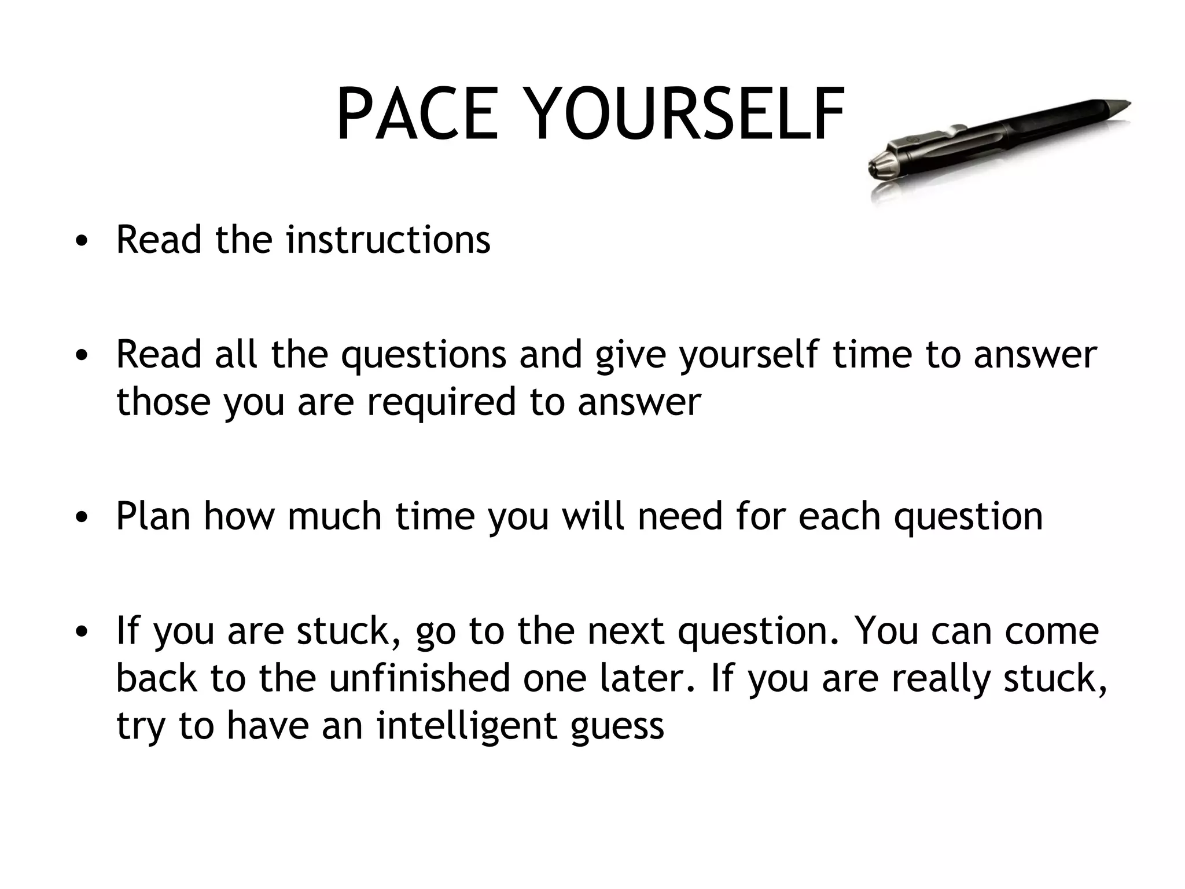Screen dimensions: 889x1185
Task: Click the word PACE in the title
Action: [417, 115]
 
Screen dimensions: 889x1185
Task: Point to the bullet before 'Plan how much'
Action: [82, 517]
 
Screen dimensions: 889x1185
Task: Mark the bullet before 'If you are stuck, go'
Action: [82, 632]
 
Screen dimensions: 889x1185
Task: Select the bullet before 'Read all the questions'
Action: [82, 355]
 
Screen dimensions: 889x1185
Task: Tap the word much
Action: [334, 516]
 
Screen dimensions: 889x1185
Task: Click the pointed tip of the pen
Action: [1125, 104]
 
